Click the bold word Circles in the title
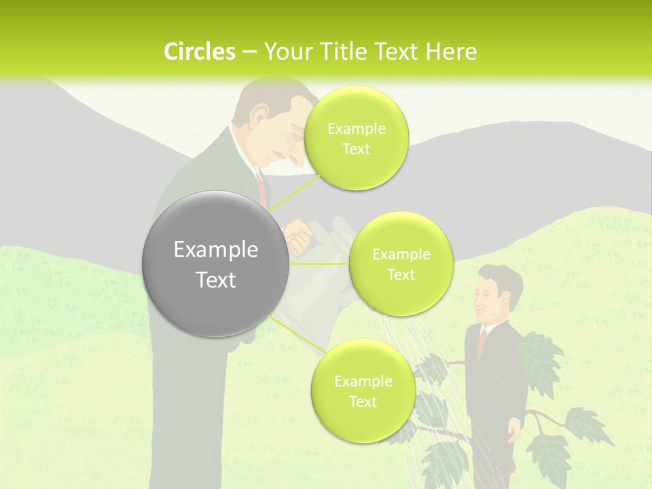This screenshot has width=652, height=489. point(199,52)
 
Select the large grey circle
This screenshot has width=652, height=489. point(215,264)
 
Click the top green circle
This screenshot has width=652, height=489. point(356,139)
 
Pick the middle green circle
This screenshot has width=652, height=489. point(401,264)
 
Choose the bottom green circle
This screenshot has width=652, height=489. point(363,391)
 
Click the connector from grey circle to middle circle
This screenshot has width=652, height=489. point(319,264)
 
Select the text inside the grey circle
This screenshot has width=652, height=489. point(215,264)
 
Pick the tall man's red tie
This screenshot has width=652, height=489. point(261,187)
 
